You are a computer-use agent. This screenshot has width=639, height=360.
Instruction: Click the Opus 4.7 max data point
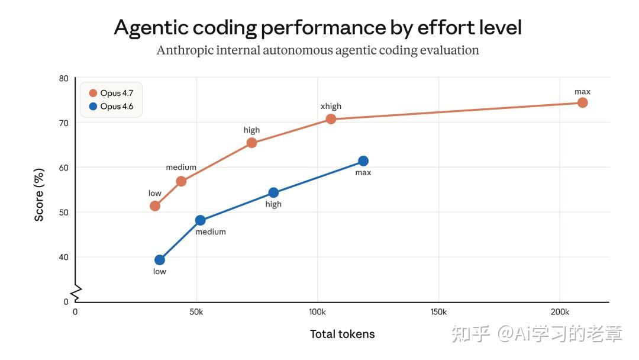tap(582, 102)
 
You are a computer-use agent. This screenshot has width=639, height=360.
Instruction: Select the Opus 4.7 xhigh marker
tap(331, 119)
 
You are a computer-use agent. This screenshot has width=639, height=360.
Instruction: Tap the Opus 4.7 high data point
tap(251, 143)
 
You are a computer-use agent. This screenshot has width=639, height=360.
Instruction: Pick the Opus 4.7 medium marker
tap(181, 181)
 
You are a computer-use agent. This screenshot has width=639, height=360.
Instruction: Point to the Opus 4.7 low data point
tap(155, 206)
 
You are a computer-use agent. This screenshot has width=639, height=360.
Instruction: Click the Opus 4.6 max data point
tap(363, 161)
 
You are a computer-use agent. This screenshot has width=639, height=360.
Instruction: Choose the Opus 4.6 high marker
tap(273, 192)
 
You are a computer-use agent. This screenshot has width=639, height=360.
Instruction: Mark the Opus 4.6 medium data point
tap(200, 220)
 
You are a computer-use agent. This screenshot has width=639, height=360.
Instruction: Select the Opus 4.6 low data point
tap(160, 260)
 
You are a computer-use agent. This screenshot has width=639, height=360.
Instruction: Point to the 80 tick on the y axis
tap(64, 79)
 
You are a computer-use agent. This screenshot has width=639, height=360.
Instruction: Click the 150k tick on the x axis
tap(438, 311)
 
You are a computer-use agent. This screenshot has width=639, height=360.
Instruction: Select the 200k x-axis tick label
tap(559, 311)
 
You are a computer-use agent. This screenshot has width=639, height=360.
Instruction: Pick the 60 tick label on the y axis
tap(64, 168)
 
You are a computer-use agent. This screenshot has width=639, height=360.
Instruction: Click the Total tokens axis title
tap(342, 334)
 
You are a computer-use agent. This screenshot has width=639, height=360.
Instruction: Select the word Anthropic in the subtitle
tap(183, 50)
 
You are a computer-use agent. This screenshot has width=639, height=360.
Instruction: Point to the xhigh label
tap(331, 107)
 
